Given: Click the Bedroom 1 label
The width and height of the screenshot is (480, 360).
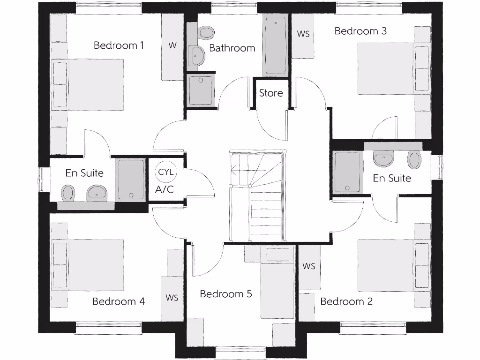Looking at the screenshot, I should tap(119, 45).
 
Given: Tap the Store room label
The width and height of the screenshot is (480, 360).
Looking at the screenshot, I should tap(271, 93).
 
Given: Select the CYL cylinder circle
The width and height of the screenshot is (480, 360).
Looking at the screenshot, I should tap(165, 172).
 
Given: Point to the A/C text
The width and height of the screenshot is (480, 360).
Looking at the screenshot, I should tap(165, 190).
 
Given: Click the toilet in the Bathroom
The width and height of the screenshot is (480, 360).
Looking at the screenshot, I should tap(206, 32).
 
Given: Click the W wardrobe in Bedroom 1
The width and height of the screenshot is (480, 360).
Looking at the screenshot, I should tap(172, 46).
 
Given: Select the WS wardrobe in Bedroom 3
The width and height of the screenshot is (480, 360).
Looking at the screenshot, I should tap(303, 35).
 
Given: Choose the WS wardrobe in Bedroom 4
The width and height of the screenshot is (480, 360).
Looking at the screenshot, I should tap(172, 298).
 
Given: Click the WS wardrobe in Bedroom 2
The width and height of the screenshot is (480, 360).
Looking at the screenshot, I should tap(309, 266).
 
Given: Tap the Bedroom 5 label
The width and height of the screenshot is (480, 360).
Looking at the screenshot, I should tap(226, 294).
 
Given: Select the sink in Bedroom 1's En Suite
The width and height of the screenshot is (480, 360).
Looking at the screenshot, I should tap(97, 192).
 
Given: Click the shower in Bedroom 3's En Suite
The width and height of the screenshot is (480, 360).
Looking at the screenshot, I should tap(347, 172).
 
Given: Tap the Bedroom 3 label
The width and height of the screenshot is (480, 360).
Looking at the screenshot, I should tap(360, 31).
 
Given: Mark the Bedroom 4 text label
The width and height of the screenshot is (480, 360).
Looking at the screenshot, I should tap(119, 301).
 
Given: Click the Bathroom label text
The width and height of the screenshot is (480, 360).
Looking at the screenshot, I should tap(232, 48).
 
